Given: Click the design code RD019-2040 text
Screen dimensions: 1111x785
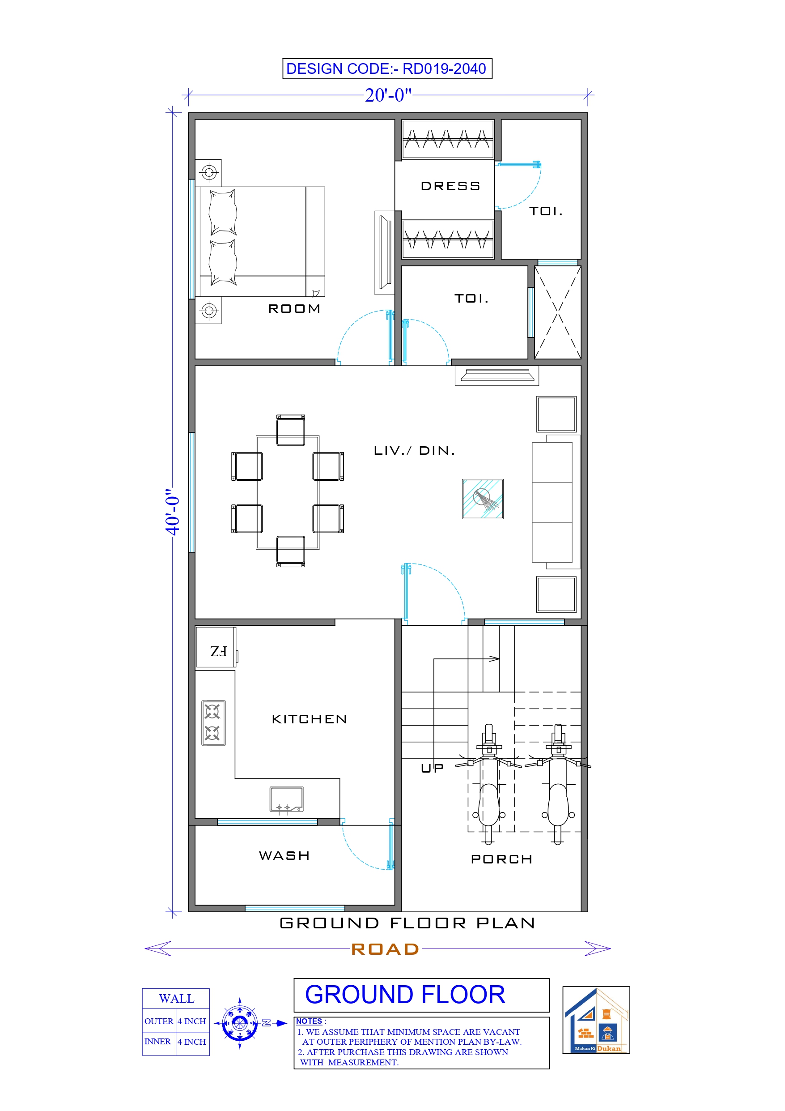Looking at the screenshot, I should click(x=386, y=69).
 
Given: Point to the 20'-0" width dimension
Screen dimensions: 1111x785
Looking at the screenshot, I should click(x=388, y=95).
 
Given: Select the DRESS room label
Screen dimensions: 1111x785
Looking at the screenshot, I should click(x=450, y=186).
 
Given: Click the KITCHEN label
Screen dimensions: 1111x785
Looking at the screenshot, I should click(x=310, y=719).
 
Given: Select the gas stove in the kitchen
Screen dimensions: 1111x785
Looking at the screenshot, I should click(x=213, y=722).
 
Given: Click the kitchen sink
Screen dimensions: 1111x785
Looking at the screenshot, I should click(x=286, y=799).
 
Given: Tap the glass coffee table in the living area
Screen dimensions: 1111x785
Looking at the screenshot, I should click(x=483, y=499).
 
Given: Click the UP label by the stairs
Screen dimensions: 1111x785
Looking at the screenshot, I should click(x=432, y=768).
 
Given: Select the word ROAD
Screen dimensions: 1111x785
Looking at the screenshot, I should click(x=385, y=949).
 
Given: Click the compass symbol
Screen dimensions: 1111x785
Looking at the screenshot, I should click(x=240, y=1023).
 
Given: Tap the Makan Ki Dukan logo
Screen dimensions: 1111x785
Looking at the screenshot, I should click(x=596, y=1020).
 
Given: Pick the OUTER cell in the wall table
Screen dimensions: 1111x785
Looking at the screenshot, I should click(x=159, y=1021).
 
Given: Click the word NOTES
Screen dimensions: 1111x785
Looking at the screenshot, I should click(x=309, y=1021).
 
